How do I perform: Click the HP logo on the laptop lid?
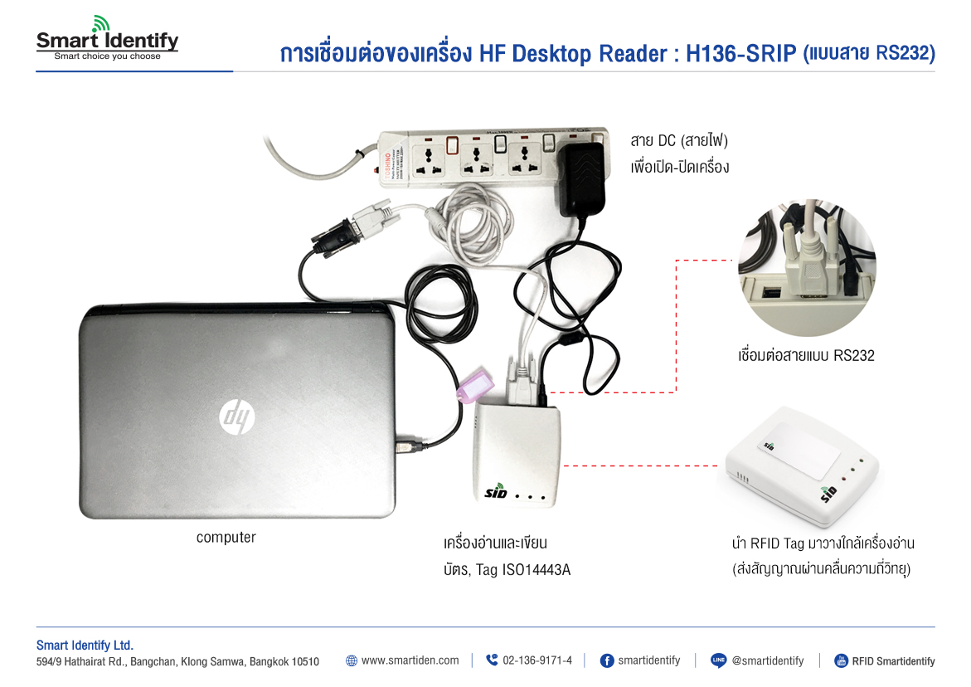point(237,415)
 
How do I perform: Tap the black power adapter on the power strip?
point(582,177)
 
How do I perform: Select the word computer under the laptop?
point(226,538)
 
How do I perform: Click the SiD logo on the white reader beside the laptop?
point(496,491)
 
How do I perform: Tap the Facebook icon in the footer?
point(606,660)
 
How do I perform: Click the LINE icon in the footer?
point(719,660)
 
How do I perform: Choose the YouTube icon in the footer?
point(841,660)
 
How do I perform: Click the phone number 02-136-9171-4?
point(536,660)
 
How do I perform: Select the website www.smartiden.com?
point(410,660)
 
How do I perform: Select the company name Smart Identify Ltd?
point(85,646)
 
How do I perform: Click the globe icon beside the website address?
point(352,660)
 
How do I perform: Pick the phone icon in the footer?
point(492,660)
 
